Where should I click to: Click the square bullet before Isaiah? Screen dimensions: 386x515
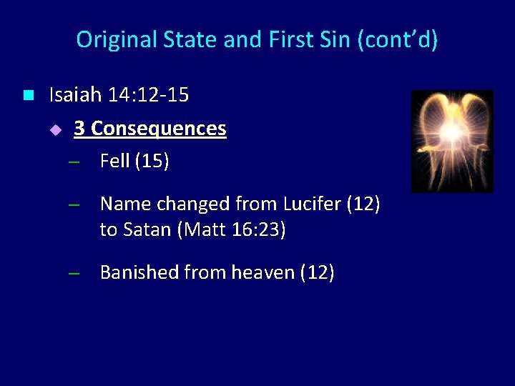28,94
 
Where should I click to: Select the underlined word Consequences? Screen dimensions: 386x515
159,129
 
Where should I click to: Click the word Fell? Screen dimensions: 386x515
114,162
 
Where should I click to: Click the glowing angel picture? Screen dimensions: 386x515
452,141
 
